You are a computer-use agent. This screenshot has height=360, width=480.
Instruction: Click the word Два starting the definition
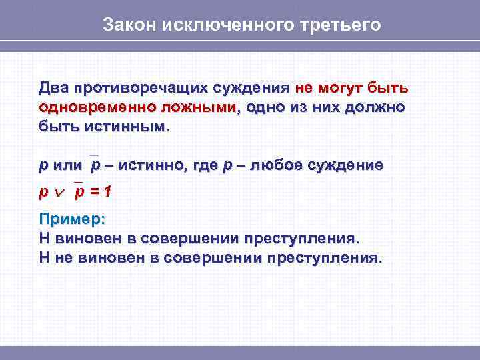pyautogui.click(x=53, y=89)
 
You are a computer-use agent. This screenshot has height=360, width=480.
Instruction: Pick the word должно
pyautogui.click(x=376, y=107)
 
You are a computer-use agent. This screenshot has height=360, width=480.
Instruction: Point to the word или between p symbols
pyautogui.click(x=67, y=165)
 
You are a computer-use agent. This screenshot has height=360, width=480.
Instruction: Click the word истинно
pyautogui.click(x=155, y=165)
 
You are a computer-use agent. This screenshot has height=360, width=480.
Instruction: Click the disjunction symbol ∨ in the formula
pyautogui.click(x=61, y=193)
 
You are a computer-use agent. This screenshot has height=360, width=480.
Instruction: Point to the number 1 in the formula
pyautogui.click(x=107, y=192)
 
